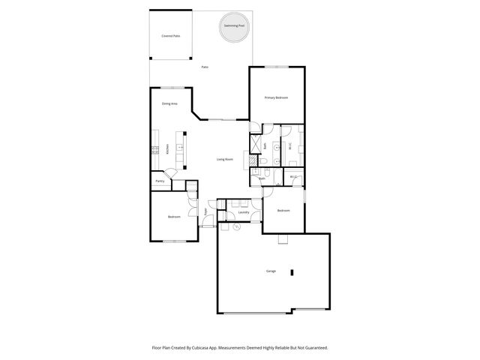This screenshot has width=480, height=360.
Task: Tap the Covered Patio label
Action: tap(170, 36)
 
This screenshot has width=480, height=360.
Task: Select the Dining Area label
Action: tap(169, 103)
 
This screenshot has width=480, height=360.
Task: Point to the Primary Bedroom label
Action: tap(276, 98)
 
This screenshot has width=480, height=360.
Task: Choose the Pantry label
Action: tap(160, 181)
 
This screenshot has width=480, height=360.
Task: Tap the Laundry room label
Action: tap(243, 212)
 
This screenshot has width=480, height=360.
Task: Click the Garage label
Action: tap(271, 271)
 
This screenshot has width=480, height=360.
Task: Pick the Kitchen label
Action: tap(167, 149)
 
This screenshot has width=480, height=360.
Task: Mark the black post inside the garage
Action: tap(293, 272)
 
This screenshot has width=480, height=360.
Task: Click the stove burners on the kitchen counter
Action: tap(154, 149)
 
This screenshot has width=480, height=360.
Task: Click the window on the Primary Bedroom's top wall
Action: tap(276, 67)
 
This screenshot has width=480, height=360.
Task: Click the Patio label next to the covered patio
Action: tap(204, 67)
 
